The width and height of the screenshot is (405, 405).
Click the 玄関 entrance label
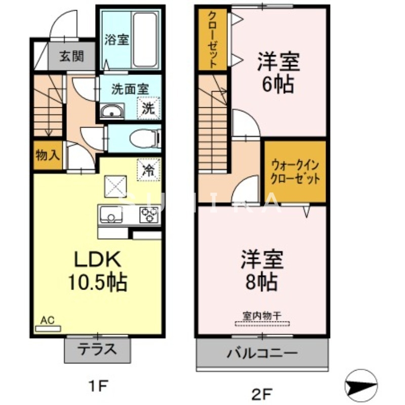(x=71, y=56)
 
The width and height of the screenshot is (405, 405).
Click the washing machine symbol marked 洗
(x=148, y=107)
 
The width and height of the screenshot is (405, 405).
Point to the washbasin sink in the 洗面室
(x=112, y=111)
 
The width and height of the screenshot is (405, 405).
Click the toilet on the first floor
(x=144, y=138)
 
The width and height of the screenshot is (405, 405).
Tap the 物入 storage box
(x=47, y=155)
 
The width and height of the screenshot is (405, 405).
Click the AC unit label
(x=47, y=320)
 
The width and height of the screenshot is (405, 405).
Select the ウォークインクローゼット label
(x=295, y=172)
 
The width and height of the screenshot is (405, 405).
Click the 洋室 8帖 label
(x=261, y=270)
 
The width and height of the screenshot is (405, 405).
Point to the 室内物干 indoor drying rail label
(x=262, y=315)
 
